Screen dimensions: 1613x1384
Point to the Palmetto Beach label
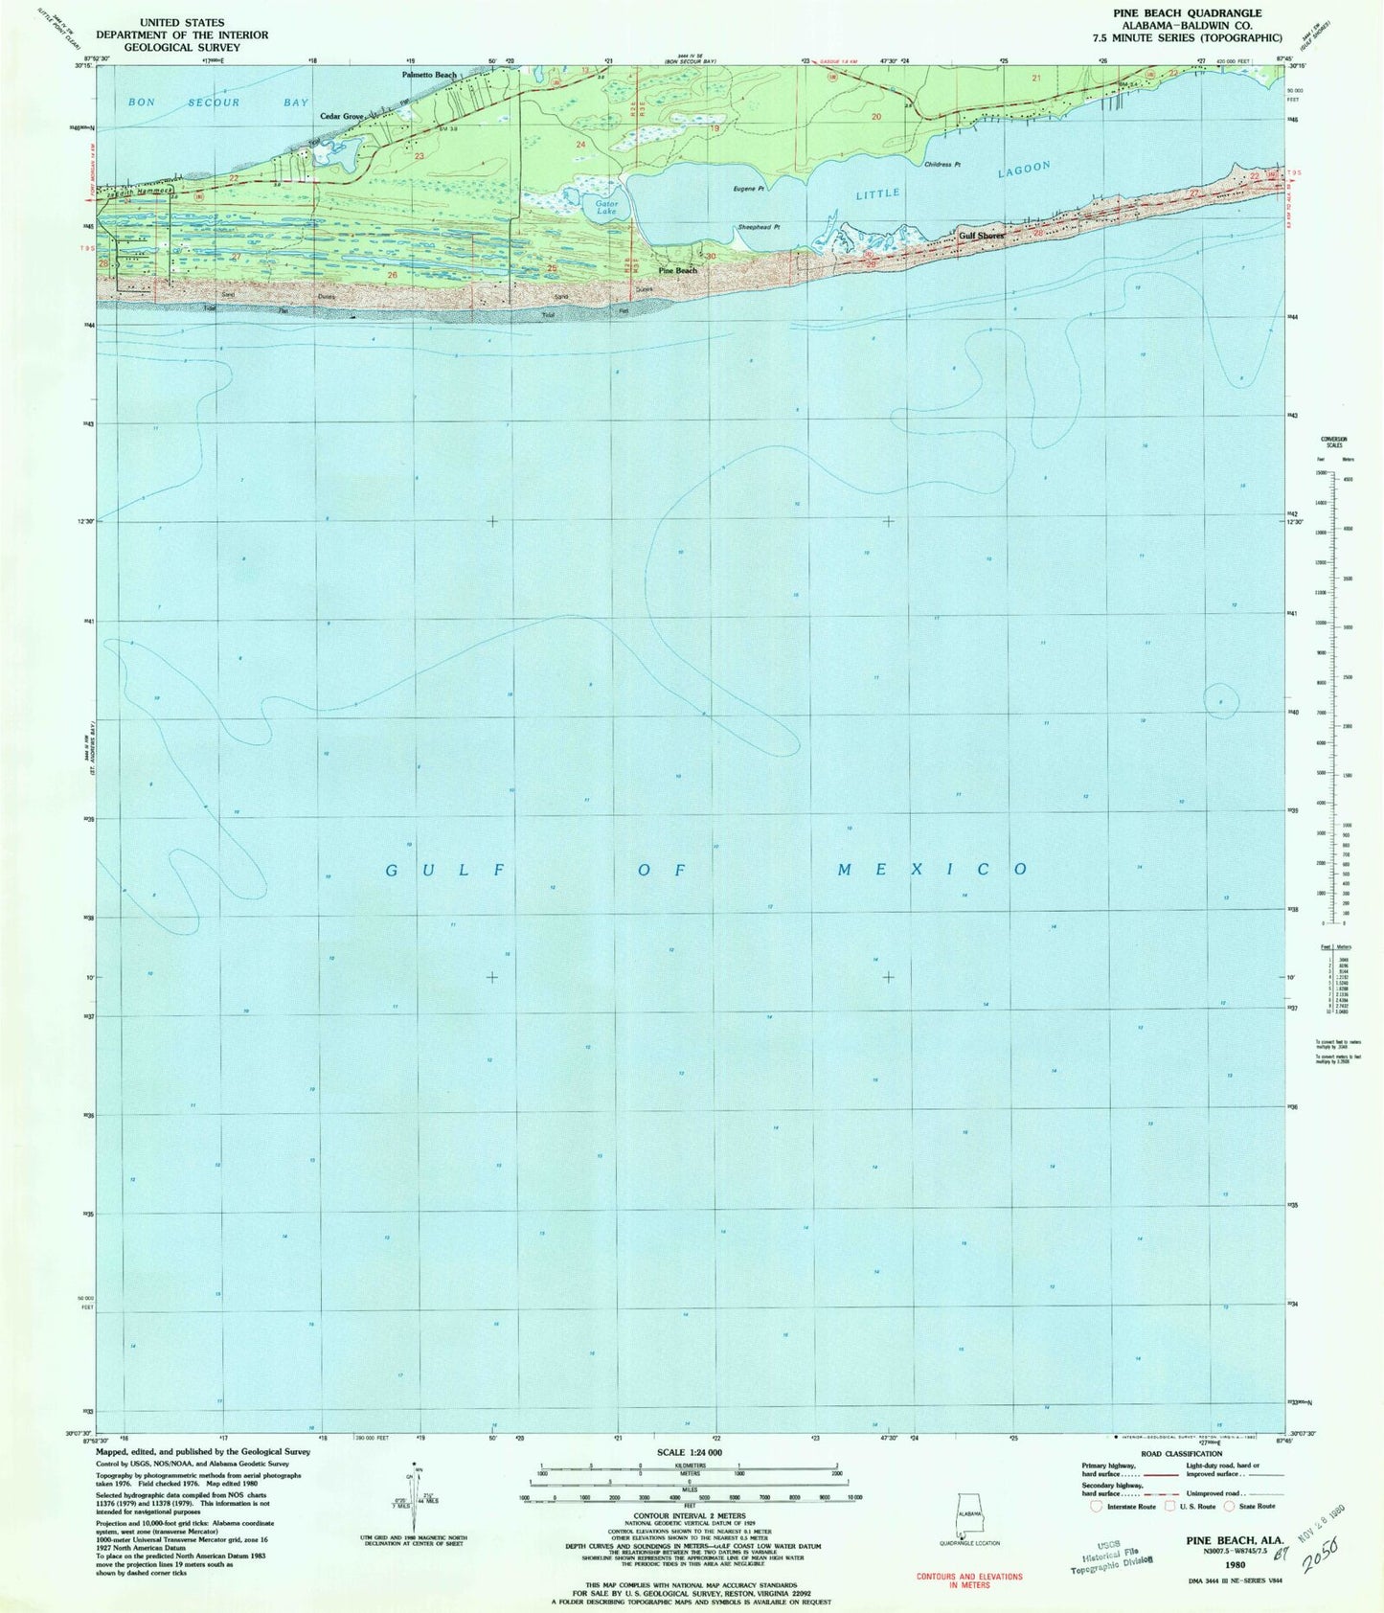[x=429, y=75]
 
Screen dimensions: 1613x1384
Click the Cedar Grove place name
[x=341, y=116]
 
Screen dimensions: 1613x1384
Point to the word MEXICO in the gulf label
[x=932, y=869]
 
